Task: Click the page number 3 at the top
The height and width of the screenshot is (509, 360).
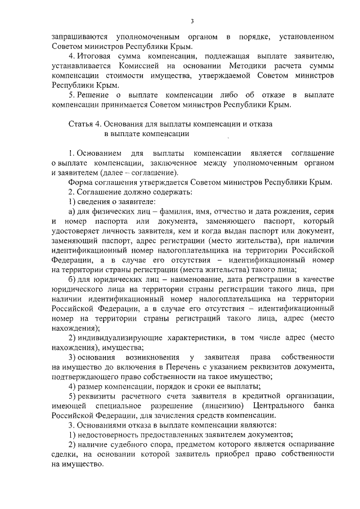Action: pos(192,21)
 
